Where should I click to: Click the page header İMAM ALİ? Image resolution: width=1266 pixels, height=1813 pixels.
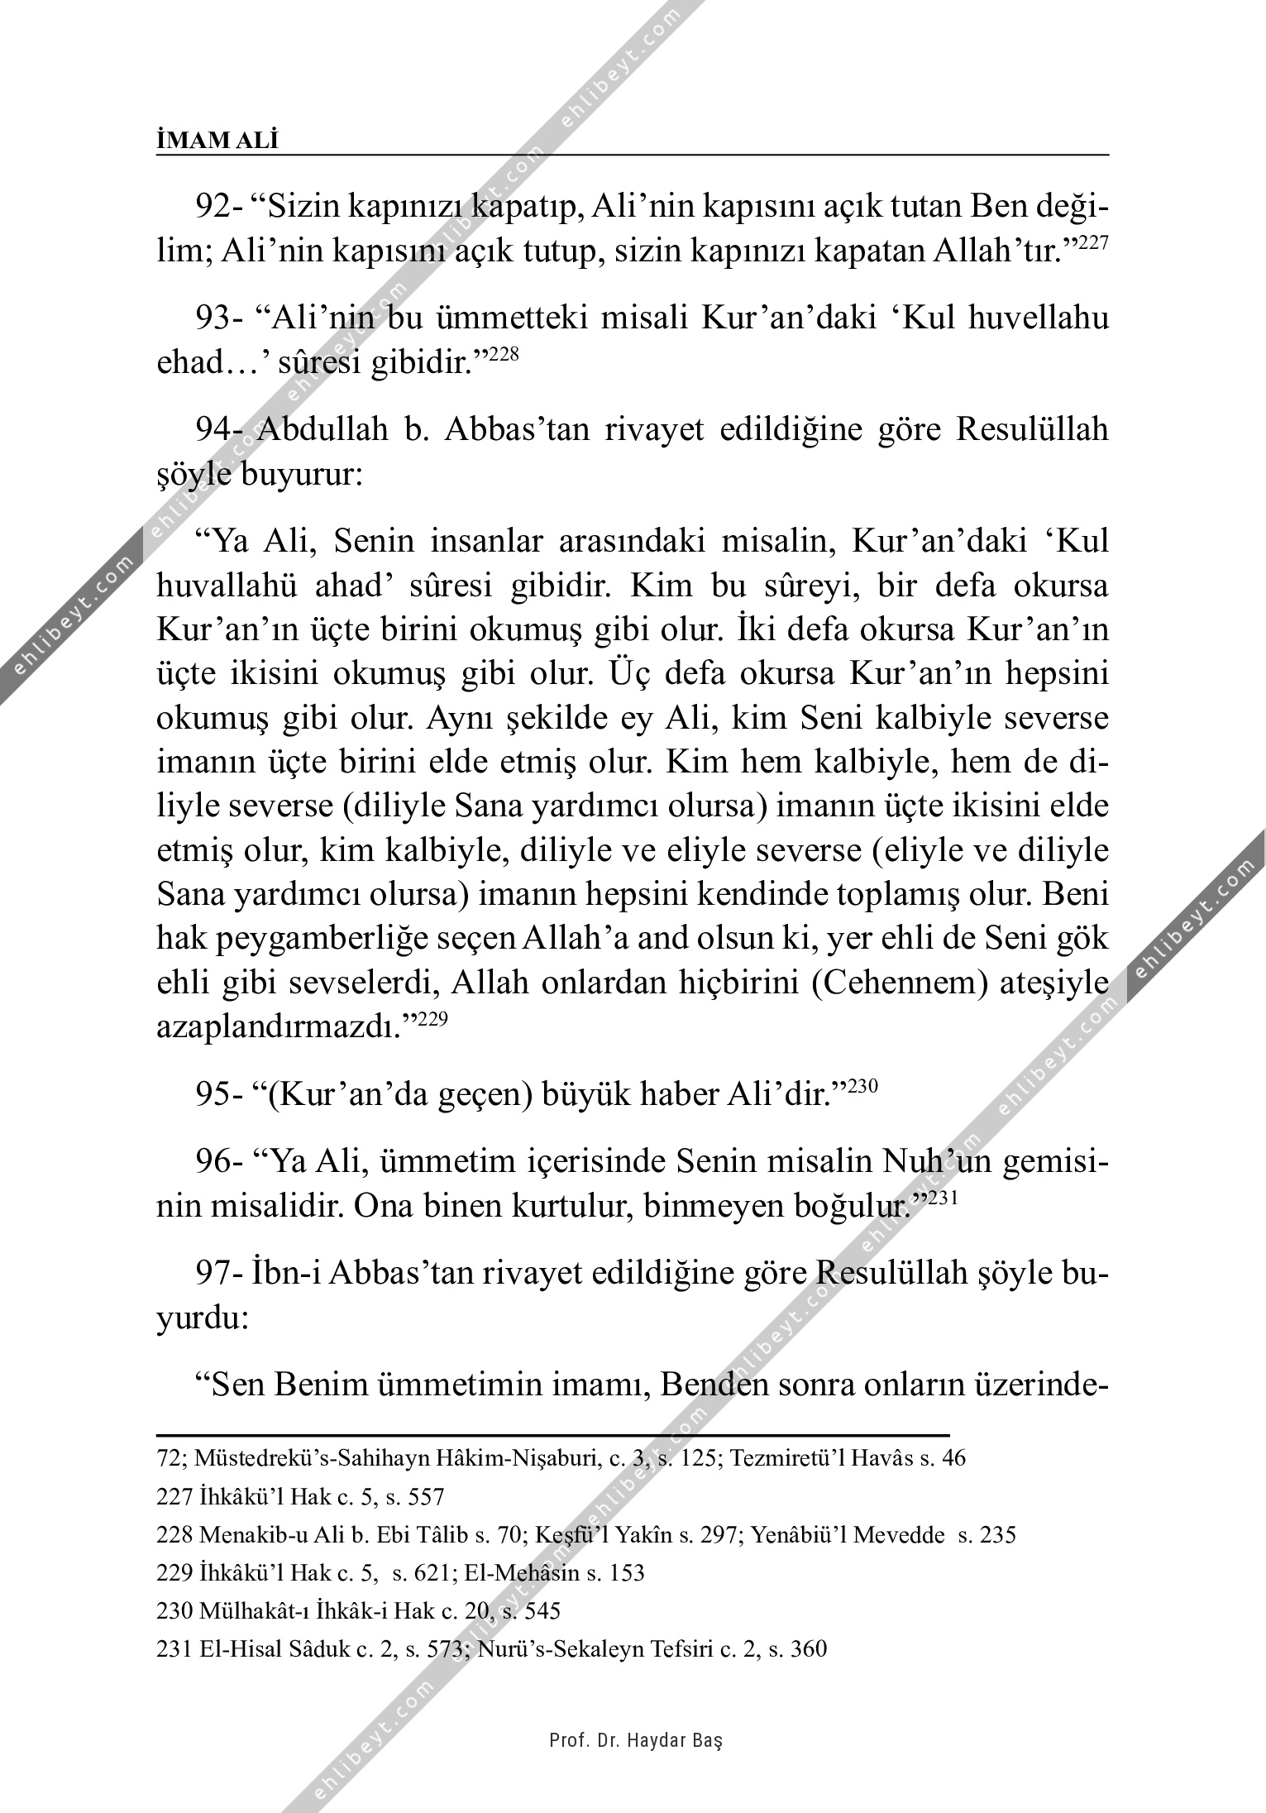click(217, 141)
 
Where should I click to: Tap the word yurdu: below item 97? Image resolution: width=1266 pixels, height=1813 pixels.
click(203, 1318)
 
